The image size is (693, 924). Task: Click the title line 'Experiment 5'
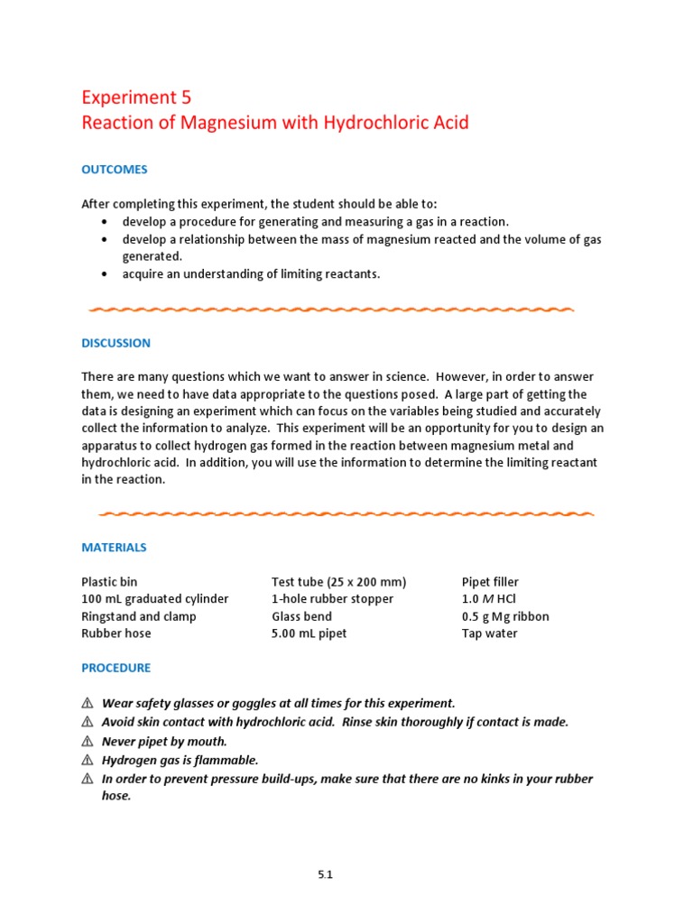click(x=136, y=97)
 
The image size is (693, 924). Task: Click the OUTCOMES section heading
click(x=115, y=170)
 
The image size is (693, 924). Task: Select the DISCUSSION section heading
click(x=116, y=343)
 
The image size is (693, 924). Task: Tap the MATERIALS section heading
click(x=114, y=547)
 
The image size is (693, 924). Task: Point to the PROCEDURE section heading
click(x=116, y=668)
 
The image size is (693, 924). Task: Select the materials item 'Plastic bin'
click(x=110, y=582)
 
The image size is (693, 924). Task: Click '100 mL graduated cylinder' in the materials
click(x=155, y=599)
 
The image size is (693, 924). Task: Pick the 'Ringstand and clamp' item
click(x=139, y=616)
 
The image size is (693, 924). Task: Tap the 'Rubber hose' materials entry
click(x=116, y=633)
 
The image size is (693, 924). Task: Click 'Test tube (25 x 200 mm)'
click(x=339, y=582)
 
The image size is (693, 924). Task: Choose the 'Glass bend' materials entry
click(x=301, y=616)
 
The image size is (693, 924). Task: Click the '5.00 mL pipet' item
click(x=309, y=633)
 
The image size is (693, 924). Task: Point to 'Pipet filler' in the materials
click(x=490, y=582)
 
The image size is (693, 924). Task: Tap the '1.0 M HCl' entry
click(x=488, y=599)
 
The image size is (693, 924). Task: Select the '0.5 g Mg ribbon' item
click(x=505, y=616)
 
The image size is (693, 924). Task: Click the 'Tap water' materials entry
click(x=489, y=633)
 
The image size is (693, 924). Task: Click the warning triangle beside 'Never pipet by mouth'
click(x=88, y=742)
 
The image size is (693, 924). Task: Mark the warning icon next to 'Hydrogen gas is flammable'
click(x=88, y=761)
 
